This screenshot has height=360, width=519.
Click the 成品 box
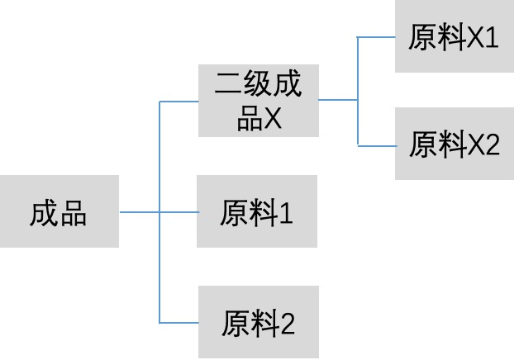[x=59, y=211]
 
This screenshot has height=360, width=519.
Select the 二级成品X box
[x=258, y=101]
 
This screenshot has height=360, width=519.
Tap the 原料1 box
[x=257, y=211]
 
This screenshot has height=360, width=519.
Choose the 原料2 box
[x=258, y=322]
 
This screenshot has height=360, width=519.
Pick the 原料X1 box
[x=455, y=37]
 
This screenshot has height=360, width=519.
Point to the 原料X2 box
[x=455, y=144]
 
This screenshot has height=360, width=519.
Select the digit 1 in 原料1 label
[x=286, y=213]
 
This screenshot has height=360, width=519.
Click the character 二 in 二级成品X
[x=228, y=84]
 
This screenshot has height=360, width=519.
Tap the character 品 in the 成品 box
[x=74, y=213]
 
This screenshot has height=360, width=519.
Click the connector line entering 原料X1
[x=376, y=37]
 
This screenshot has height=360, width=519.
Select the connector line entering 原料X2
[x=376, y=145]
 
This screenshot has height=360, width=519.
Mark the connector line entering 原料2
[x=179, y=322]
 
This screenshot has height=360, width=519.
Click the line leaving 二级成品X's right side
[x=337, y=100]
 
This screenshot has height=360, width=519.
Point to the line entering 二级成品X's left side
[x=179, y=102]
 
